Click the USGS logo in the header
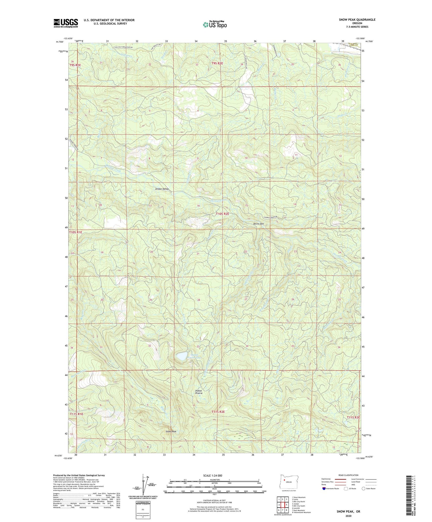(66, 23)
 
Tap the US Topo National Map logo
(215, 24)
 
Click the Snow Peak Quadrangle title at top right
(357, 20)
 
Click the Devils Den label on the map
(258, 224)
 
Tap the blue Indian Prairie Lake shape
(182, 356)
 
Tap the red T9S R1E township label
(75, 65)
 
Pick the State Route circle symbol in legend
(363, 489)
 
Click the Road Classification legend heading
(348, 475)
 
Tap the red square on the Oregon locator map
(285, 480)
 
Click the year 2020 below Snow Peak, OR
(348, 516)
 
